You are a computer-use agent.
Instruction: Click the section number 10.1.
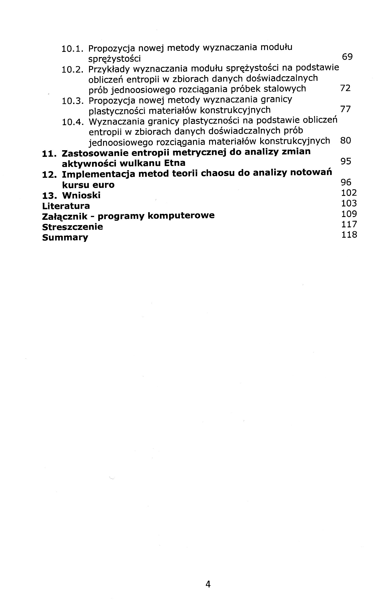pyautogui.click(x=72, y=48)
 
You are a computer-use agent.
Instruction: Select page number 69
pyautogui.click(x=347, y=56)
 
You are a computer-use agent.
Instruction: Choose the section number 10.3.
pyautogui.click(x=73, y=101)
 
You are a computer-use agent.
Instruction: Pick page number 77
pyautogui.click(x=346, y=109)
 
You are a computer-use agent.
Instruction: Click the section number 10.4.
pyautogui.click(x=73, y=122)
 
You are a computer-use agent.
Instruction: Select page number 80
pyautogui.click(x=346, y=141)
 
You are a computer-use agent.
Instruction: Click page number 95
pyautogui.click(x=346, y=161)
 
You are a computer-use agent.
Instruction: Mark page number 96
pyautogui.click(x=346, y=182)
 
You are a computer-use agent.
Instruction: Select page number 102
pyautogui.click(x=349, y=193)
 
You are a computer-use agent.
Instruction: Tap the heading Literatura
pyautogui.click(x=66, y=206)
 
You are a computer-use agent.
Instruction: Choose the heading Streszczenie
pyautogui.click(x=72, y=227)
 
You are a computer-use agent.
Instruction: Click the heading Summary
pyautogui.click(x=65, y=237)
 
